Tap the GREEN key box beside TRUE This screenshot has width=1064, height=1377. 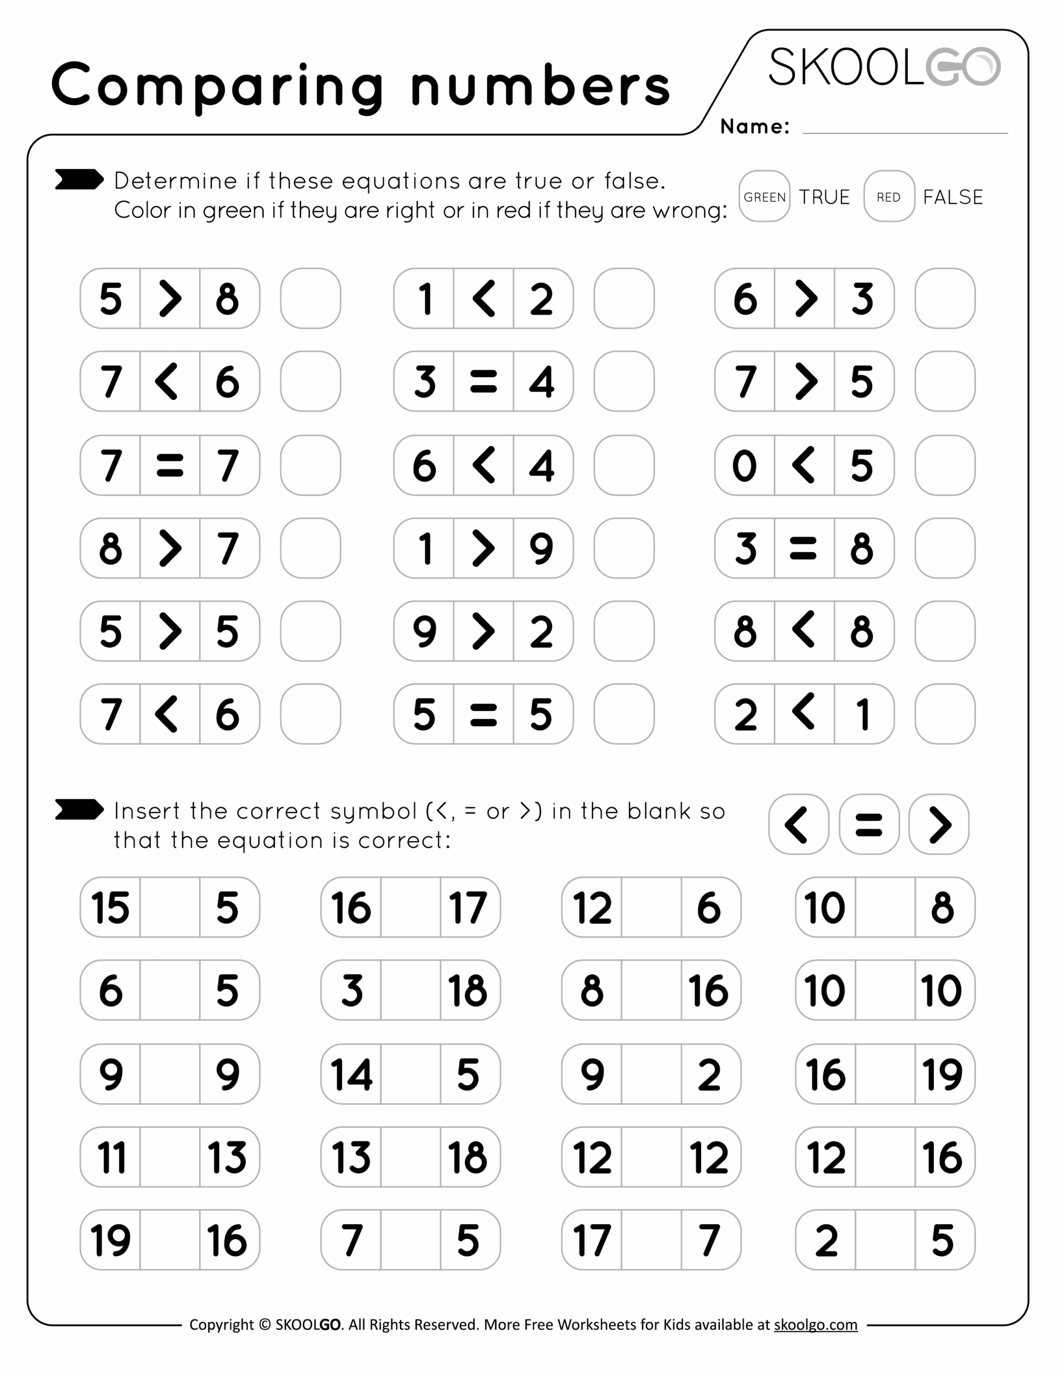(764, 196)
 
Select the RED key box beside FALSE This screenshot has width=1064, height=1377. (889, 196)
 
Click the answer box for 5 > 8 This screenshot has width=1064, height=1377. (310, 298)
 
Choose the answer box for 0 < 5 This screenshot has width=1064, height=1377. (944, 465)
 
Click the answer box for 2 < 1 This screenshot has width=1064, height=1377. (944, 714)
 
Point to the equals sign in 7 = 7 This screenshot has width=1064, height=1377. (169, 465)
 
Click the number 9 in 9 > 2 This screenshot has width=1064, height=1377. (424, 631)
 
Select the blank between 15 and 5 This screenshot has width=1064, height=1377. (169, 907)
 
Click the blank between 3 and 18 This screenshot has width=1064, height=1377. (410, 990)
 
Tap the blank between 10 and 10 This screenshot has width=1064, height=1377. (884, 990)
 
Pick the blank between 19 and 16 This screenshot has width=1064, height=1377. (169, 1239)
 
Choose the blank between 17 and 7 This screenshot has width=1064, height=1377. (651, 1239)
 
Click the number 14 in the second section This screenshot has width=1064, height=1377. (351, 1074)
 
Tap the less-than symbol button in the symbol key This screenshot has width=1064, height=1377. (798, 824)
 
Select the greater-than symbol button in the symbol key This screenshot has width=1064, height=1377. (939, 824)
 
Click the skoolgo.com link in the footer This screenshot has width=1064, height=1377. (815, 1325)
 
